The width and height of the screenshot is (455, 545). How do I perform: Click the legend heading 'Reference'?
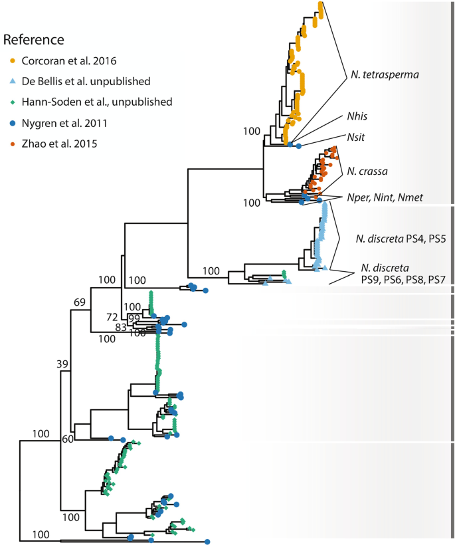click(x=34, y=40)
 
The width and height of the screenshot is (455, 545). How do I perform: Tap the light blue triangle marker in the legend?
click(x=12, y=82)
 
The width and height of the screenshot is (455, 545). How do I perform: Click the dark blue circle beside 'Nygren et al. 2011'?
click(x=12, y=122)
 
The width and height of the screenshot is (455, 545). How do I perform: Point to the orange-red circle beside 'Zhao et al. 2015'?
click(x=12, y=142)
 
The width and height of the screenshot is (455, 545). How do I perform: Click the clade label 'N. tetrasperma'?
click(x=385, y=74)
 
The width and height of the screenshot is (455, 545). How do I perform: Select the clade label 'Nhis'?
click(x=355, y=116)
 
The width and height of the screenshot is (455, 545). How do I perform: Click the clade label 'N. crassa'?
click(x=367, y=171)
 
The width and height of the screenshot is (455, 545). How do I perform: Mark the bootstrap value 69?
click(x=80, y=303)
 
